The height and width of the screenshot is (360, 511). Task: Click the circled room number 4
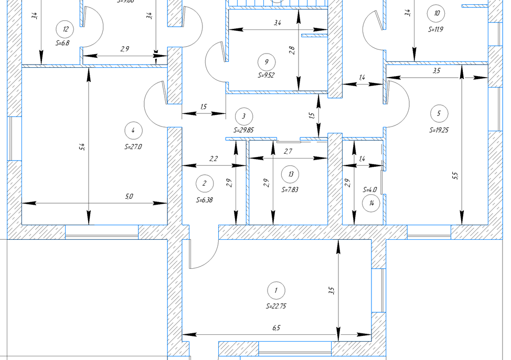(133, 130)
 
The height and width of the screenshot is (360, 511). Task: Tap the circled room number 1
(276, 290)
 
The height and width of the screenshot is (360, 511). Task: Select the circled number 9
(267, 62)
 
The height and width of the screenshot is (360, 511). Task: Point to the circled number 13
(290, 174)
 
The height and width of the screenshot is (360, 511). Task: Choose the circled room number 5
(439, 113)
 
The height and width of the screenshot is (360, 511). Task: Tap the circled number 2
(204, 183)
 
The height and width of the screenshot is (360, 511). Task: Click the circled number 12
(65, 29)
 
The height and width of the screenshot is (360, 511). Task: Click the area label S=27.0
(133, 147)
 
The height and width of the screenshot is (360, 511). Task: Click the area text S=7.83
(290, 190)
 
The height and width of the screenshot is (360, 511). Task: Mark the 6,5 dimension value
(276, 328)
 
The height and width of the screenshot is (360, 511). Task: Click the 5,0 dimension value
(129, 197)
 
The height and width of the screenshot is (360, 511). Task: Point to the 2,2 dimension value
(214, 158)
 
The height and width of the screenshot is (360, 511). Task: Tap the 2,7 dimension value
(288, 151)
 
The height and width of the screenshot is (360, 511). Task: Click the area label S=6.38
(204, 200)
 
